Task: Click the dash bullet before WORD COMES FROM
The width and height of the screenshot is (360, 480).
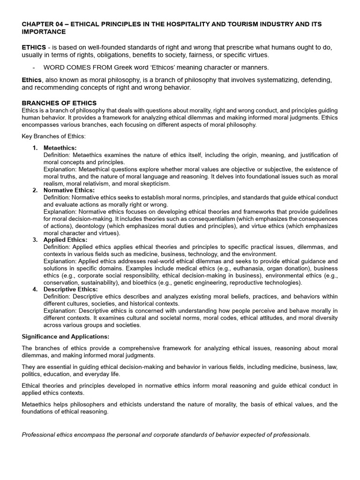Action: tap(34, 67)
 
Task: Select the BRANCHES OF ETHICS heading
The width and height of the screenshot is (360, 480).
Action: tap(59, 103)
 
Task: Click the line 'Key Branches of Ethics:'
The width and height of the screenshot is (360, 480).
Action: tap(53, 136)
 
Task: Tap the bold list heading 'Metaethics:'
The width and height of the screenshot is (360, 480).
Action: tap(60, 148)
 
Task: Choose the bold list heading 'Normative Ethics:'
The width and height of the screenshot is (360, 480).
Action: tap(69, 190)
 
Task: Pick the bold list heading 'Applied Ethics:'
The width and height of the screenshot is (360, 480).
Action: tap(65, 240)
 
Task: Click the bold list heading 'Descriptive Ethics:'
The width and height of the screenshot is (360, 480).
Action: tap(70, 289)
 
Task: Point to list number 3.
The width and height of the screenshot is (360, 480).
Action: tap(35, 240)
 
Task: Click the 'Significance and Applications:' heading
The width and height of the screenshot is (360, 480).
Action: tap(65, 337)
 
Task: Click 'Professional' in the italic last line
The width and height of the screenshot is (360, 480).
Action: tap(39, 435)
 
